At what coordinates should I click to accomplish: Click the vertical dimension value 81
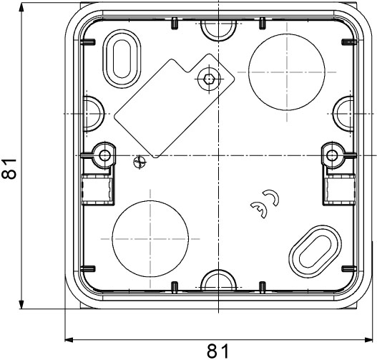tap(9, 169)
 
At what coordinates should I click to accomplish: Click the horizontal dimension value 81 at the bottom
tap(218, 351)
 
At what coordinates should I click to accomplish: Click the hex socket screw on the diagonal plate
tap(209, 79)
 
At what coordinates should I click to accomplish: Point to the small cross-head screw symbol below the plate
tap(139, 162)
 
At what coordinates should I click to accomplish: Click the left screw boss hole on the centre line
tap(105, 155)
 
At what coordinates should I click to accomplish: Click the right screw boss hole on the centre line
tap(332, 155)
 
